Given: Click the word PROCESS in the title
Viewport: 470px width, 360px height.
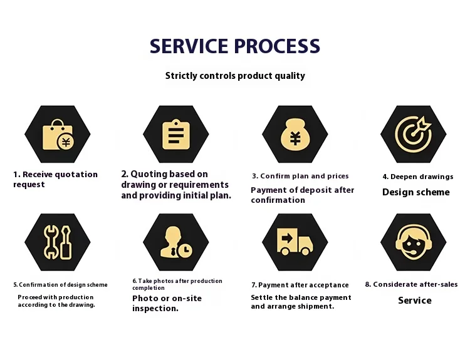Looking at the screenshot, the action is pyautogui.click(x=277, y=46).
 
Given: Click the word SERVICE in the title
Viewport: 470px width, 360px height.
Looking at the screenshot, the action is pyautogui.click(x=188, y=46).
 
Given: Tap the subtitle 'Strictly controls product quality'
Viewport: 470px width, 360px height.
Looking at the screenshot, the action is pyautogui.click(x=235, y=76).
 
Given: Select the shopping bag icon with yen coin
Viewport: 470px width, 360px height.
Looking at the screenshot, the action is pyautogui.click(x=57, y=135).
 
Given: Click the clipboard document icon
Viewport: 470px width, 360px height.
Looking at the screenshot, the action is pyautogui.click(x=176, y=134).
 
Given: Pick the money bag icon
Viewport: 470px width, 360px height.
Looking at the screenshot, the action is pyautogui.click(x=295, y=134).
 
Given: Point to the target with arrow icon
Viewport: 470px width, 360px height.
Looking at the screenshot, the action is pyautogui.click(x=413, y=133).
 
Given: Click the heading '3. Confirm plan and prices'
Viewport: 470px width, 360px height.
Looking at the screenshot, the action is pyautogui.click(x=300, y=176).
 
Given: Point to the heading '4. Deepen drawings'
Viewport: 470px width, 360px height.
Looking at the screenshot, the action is pyautogui.click(x=417, y=177).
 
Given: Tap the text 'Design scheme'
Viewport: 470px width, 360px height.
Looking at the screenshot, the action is pyautogui.click(x=416, y=192).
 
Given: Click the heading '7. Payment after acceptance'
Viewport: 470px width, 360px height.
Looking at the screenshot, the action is pyautogui.click(x=300, y=285).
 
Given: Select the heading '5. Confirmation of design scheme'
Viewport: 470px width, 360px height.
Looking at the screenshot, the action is pyautogui.click(x=60, y=285).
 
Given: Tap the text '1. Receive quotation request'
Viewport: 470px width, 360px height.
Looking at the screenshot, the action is pyautogui.click(x=55, y=179).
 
